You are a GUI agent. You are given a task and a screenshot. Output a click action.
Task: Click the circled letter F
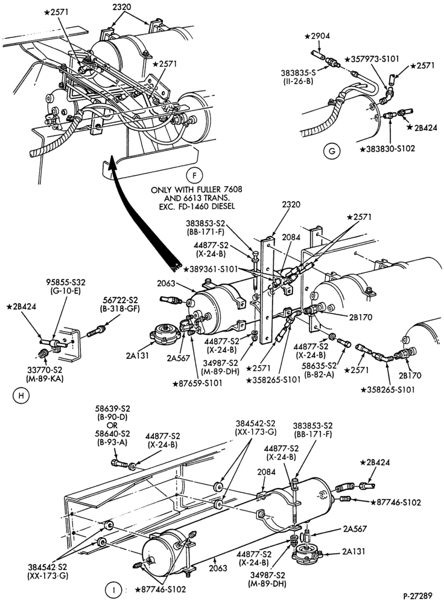coord(194,176)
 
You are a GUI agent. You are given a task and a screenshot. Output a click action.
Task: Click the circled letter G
coord(332,152)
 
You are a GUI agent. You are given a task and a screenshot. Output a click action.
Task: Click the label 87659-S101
coord(198,383)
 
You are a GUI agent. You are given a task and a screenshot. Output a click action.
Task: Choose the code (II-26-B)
coord(303,81)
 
